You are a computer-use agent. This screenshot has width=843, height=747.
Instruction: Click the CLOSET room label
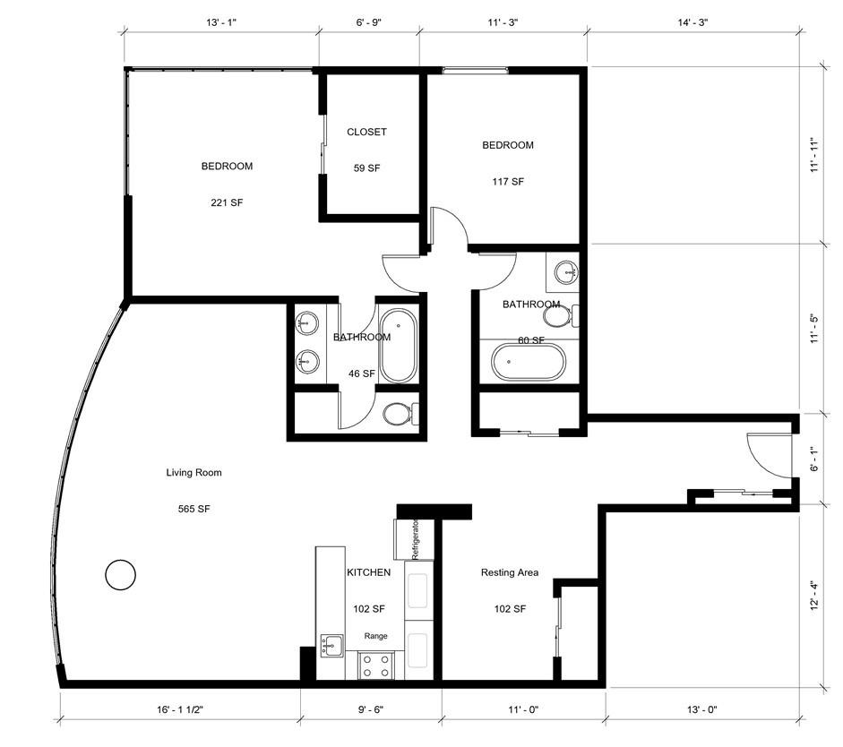coord(366,132)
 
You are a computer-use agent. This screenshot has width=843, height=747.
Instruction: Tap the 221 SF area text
coord(227,202)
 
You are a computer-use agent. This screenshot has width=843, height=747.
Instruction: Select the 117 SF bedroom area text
coord(508,182)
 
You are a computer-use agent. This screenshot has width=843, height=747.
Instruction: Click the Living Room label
coord(194,472)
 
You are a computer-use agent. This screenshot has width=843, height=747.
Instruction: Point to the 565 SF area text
coord(194,509)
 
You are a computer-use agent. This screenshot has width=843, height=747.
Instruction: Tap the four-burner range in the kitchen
coord(376,665)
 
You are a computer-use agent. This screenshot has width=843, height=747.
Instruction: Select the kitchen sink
coord(332,645)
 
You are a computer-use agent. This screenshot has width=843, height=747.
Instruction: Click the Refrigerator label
coord(415,539)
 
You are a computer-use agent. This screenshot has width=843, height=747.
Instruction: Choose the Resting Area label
coord(510,572)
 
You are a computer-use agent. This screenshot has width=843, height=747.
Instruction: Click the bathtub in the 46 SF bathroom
coord(398,345)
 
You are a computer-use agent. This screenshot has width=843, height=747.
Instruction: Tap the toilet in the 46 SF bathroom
coord(400,414)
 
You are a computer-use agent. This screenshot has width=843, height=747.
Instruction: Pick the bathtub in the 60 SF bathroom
coord(529,362)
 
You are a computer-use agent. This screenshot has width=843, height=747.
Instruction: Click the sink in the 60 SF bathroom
coord(565,271)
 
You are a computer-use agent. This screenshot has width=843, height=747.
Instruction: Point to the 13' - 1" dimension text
coord(221,22)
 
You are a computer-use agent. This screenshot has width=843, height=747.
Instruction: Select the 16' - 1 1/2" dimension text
coord(180,709)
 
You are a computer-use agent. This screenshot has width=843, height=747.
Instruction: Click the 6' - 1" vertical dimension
coord(814,459)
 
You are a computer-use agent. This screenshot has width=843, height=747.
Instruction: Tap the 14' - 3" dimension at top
coord(693,22)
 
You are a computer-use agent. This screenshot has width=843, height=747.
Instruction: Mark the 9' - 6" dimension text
coord(371,709)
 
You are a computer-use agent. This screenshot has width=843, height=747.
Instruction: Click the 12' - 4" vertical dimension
coord(814,596)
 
